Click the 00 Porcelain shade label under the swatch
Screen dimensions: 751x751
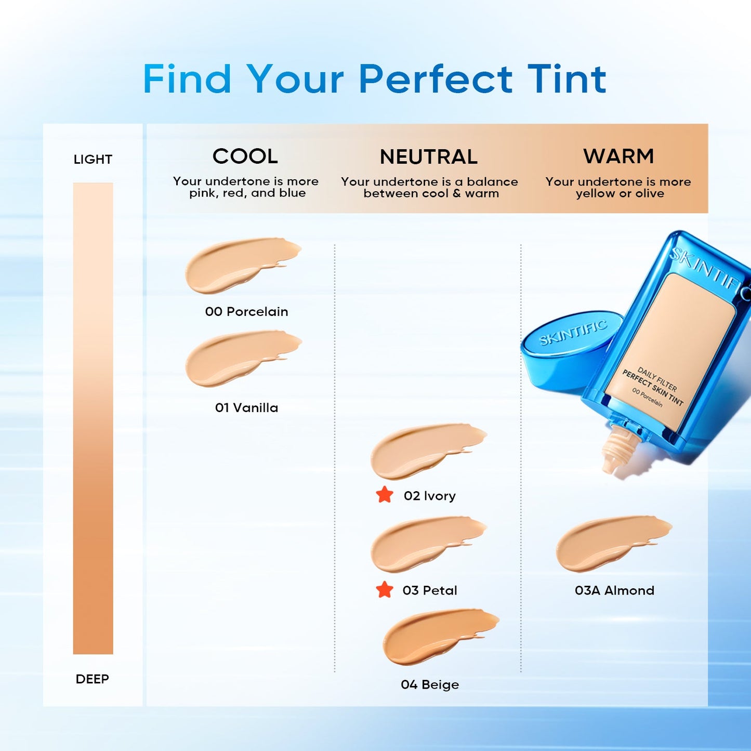[246, 311]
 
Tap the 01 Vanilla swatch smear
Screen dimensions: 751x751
[236, 358]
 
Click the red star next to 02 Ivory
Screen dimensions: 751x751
[385, 495]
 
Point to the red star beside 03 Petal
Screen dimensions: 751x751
[385, 590]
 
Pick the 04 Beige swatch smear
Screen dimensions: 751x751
[434, 636]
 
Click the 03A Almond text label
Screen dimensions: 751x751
[614, 590]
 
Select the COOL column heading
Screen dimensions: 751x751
[245, 156]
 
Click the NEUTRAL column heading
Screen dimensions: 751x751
[429, 157]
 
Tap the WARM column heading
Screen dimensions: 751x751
[618, 156]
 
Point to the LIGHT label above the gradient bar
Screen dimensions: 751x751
[93, 160]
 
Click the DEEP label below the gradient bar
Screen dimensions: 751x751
[93, 679]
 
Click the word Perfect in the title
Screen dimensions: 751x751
[436, 80]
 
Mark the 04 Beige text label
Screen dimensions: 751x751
[430, 684]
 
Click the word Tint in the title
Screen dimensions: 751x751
[567, 80]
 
